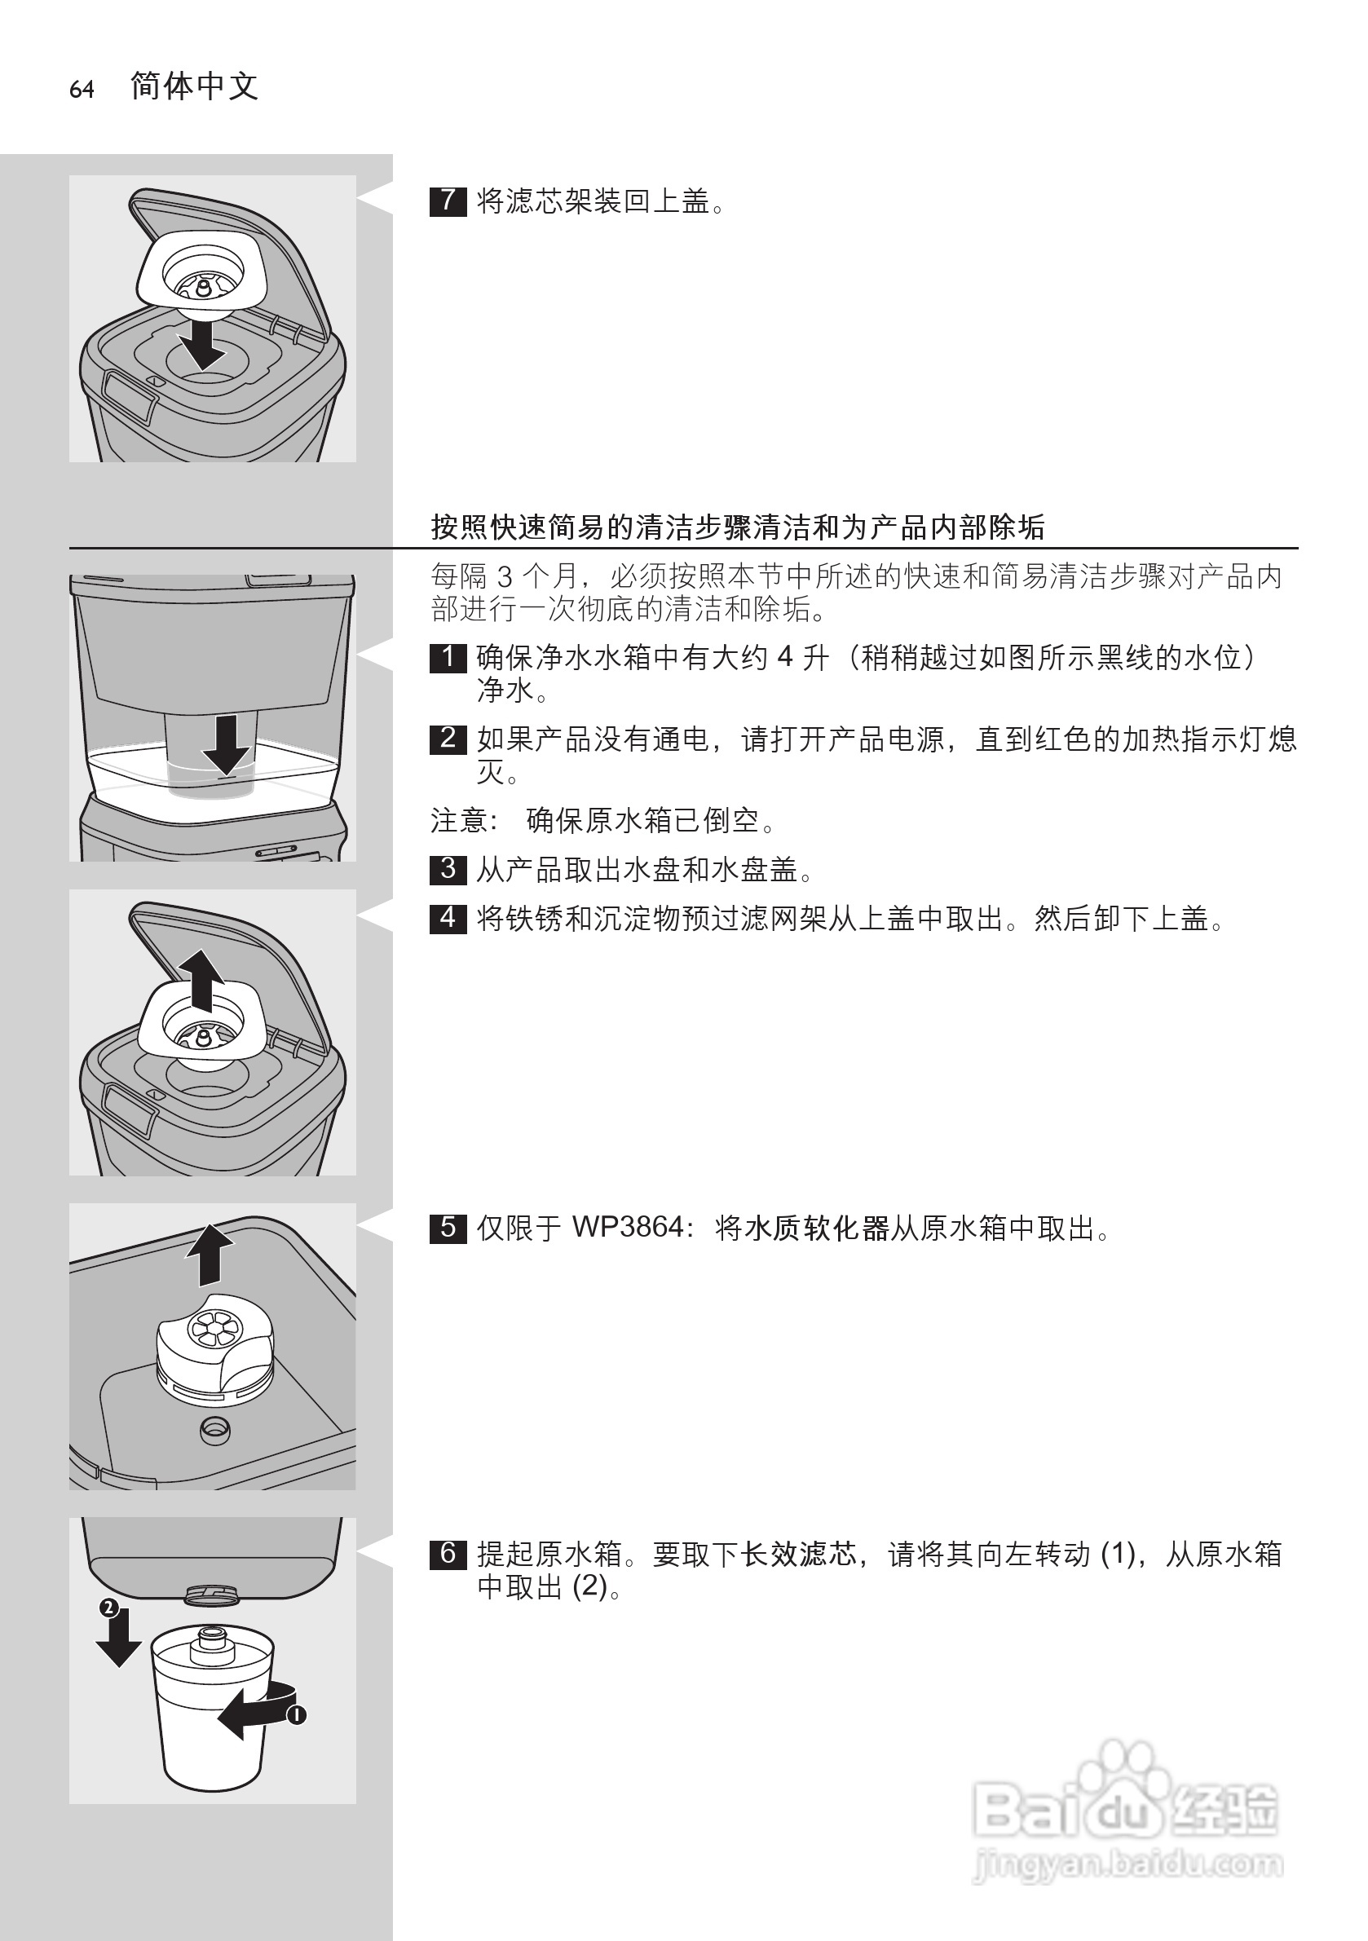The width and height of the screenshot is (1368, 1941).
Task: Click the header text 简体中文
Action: (195, 86)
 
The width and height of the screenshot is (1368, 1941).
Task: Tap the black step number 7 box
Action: (448, 201)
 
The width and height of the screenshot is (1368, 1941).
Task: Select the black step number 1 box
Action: (448, 657)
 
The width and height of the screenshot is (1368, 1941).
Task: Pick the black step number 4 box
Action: (448, 917)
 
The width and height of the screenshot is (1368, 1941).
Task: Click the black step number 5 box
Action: (448, 1228)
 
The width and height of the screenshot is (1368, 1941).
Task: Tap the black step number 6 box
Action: (448, 1553)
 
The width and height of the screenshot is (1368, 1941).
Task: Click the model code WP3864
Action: (628, 1228)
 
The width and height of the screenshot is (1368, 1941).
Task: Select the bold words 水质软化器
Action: (816, 1228)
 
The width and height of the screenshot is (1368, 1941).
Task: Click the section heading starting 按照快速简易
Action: (737, 527)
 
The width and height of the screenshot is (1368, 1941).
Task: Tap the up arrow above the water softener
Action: (210, 1256)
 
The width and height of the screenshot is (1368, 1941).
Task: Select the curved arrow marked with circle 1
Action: (254, 1713)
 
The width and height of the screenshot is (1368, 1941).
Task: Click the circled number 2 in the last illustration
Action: (108, 1608)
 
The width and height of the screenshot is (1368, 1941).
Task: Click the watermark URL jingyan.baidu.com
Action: (1129, 1863)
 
